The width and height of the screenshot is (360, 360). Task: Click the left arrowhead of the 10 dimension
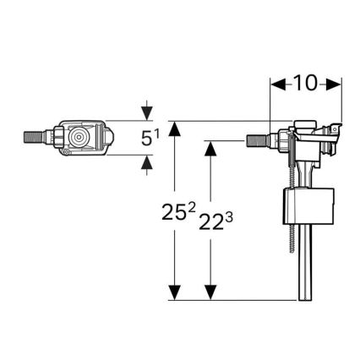click(x=275, y=85)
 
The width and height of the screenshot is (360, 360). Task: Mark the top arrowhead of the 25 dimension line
click(x=174, y=127)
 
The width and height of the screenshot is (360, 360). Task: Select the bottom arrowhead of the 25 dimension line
click(x=174, y=293)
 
